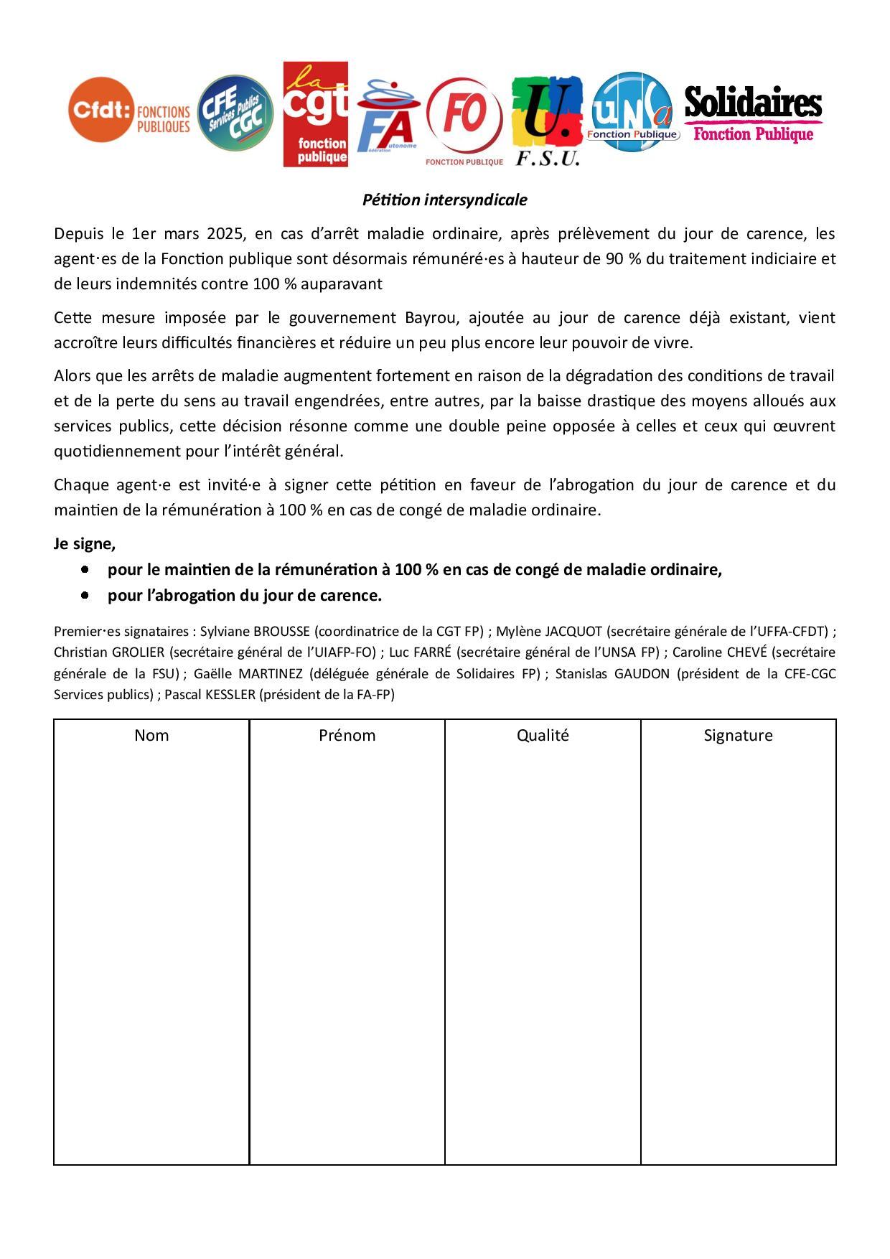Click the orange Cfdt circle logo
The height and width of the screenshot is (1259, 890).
point(102,110)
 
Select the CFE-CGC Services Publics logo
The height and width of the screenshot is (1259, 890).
point(235,113)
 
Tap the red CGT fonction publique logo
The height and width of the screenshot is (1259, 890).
point(316,114)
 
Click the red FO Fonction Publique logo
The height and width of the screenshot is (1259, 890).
point(464,117)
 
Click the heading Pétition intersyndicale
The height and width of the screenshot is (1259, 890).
point(444,200)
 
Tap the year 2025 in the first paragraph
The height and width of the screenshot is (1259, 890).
point(226,234)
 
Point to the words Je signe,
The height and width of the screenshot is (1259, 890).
point(85,544)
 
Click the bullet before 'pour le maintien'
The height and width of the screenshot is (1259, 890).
point(85,569)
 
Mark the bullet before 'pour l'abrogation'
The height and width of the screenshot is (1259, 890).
point(85,595)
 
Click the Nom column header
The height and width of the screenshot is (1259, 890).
point(151,735)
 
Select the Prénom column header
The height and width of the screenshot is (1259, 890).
point(347,735)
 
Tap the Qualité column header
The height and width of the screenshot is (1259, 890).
point(543,735)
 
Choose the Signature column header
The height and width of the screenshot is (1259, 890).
point(738,735)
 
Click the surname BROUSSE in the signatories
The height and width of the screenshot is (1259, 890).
point(282,632)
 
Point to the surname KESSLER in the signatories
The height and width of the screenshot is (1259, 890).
point(230,695)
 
